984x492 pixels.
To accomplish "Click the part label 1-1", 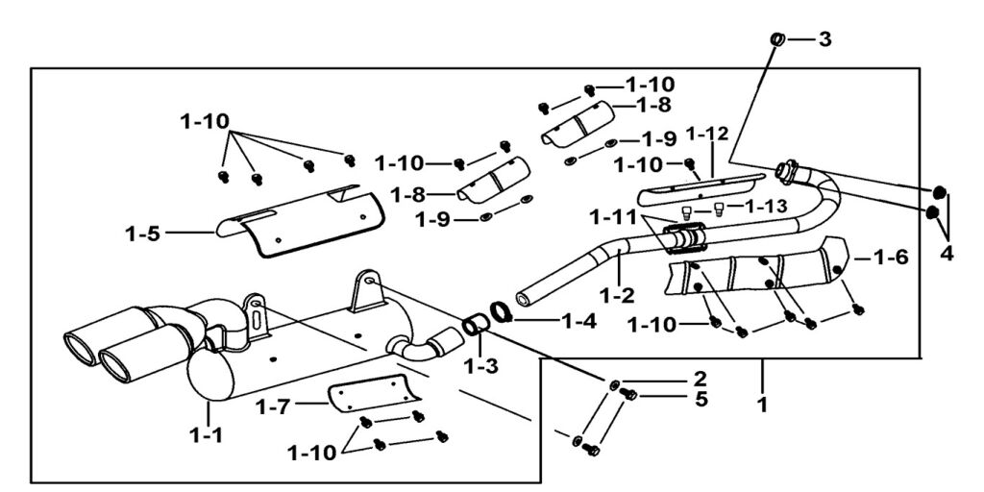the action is click(207, 434).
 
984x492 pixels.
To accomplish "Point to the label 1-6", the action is click(891, 258).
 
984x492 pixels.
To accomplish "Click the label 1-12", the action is click(707, 134).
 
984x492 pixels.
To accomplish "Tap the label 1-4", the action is click(578, 321).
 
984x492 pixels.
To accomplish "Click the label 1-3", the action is click(480, 365).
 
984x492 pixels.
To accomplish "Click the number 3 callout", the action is click(824, 38).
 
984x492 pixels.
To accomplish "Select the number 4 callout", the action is click(947, 254).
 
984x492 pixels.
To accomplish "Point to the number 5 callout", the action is click(701, 399).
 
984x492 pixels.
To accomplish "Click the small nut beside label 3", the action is click(776, 38).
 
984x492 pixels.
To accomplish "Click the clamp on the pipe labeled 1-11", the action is click(685, 238).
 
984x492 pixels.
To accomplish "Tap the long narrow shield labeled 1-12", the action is click(701, 188).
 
